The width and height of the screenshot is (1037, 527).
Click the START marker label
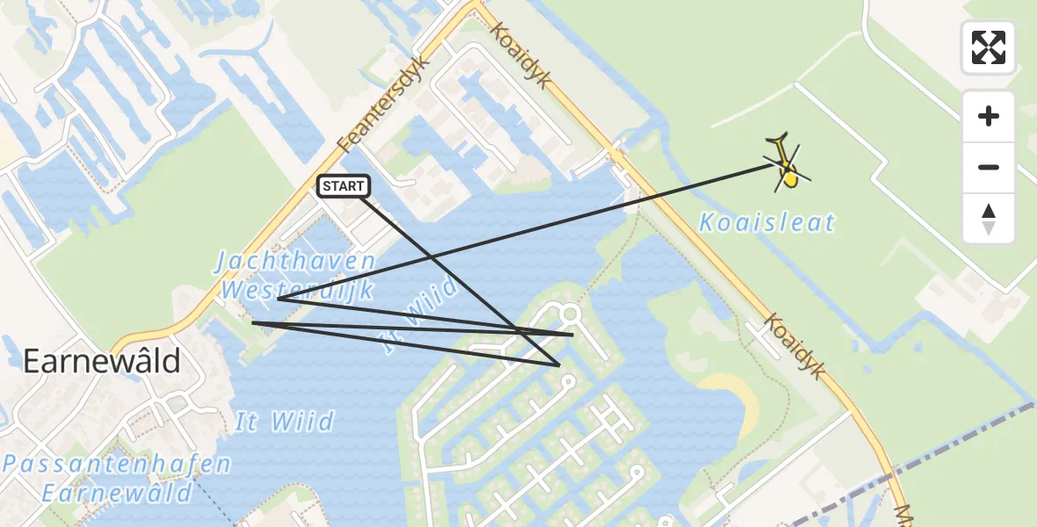(x=344, y=186)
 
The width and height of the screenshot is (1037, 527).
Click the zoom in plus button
(x=989, y=117)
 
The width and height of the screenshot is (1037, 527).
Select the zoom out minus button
(x=989, y=167)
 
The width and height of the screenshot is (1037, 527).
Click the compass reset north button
(x=989, y=219)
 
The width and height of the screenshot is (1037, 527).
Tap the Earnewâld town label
(x=102, y=361)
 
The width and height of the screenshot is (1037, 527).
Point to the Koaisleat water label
(x=766, y=223)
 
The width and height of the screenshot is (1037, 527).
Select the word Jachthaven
(x=297, y=262)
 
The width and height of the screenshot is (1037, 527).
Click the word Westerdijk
(x=297, y=290)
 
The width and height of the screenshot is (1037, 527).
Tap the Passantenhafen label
(x=116, y=465)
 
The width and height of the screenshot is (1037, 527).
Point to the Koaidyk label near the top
(x=521, y=54)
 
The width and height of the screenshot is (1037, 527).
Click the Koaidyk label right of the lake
(x=794, y=347)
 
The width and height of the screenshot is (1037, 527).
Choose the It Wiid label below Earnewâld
(x=284, y=422)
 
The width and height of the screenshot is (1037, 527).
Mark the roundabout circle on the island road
(x=569, y=314)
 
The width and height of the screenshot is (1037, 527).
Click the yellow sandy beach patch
(x=739, y=396)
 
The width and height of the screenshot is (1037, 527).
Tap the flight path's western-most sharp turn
(x=253, y=323)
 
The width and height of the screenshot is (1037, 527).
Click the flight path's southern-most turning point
(x=559, y=365)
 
